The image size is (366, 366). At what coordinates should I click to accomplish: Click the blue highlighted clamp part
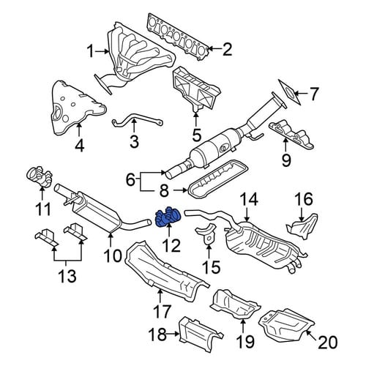(168, 216)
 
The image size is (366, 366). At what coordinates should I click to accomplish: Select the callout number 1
(91, 52)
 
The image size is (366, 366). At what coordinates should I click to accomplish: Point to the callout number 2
(227, 49)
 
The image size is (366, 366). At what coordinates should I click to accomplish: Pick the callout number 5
(197, 135)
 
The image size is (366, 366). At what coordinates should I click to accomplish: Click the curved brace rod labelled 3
(138, 122)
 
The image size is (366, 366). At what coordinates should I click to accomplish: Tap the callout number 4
(80, 146)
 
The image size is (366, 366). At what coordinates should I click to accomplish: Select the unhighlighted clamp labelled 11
(40, 177)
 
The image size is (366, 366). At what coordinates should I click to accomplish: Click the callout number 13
(67, 276)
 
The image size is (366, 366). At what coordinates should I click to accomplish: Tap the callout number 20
(328, 342)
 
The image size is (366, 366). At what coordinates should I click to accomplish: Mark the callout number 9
(286, 160)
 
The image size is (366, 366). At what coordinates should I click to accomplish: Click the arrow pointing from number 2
(215, 49)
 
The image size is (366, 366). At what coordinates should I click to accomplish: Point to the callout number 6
(130, 181)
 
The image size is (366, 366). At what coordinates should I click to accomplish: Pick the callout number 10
(113, 255)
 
